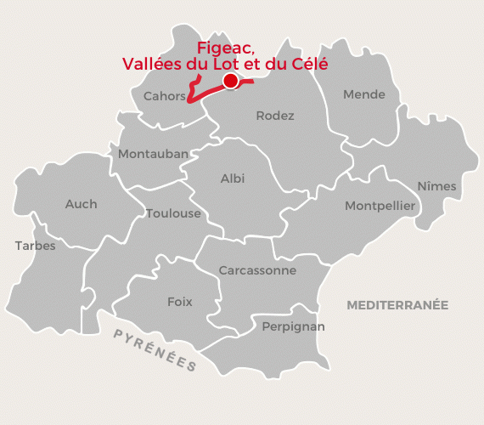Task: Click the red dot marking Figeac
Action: [x=229, y=81]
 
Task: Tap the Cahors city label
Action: [x=164, y=96]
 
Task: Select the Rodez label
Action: [x=274, y=116]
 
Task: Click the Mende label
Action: [x=363, y=94]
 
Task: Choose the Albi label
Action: [x=232, y=178]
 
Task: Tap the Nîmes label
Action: [x=436, y=186]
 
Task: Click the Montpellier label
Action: [x=380, y=206]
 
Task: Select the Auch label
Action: [x=81, y=204]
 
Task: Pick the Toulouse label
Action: [x=173, y=213]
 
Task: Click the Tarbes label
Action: [x=35, y=246]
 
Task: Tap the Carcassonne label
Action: [x=257, y=270]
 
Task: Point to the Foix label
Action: [x=179, y=302]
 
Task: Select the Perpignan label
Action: [x=294, y=326]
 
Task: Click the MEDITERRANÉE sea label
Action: [x=397, y=304]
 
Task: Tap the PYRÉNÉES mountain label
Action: [x=155, y=349]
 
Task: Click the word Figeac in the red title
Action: [x=225, y=48]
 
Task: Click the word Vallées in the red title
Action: [x=147, y=64]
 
